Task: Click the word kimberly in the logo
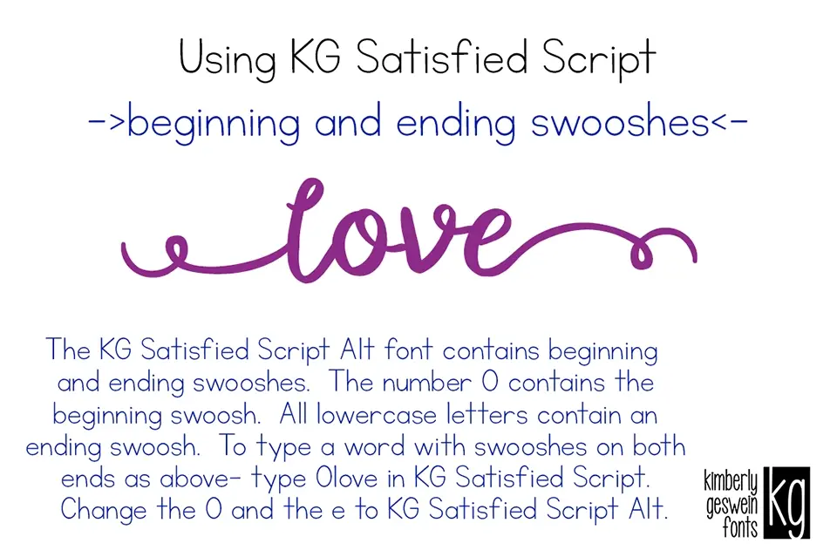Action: point(731,480)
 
